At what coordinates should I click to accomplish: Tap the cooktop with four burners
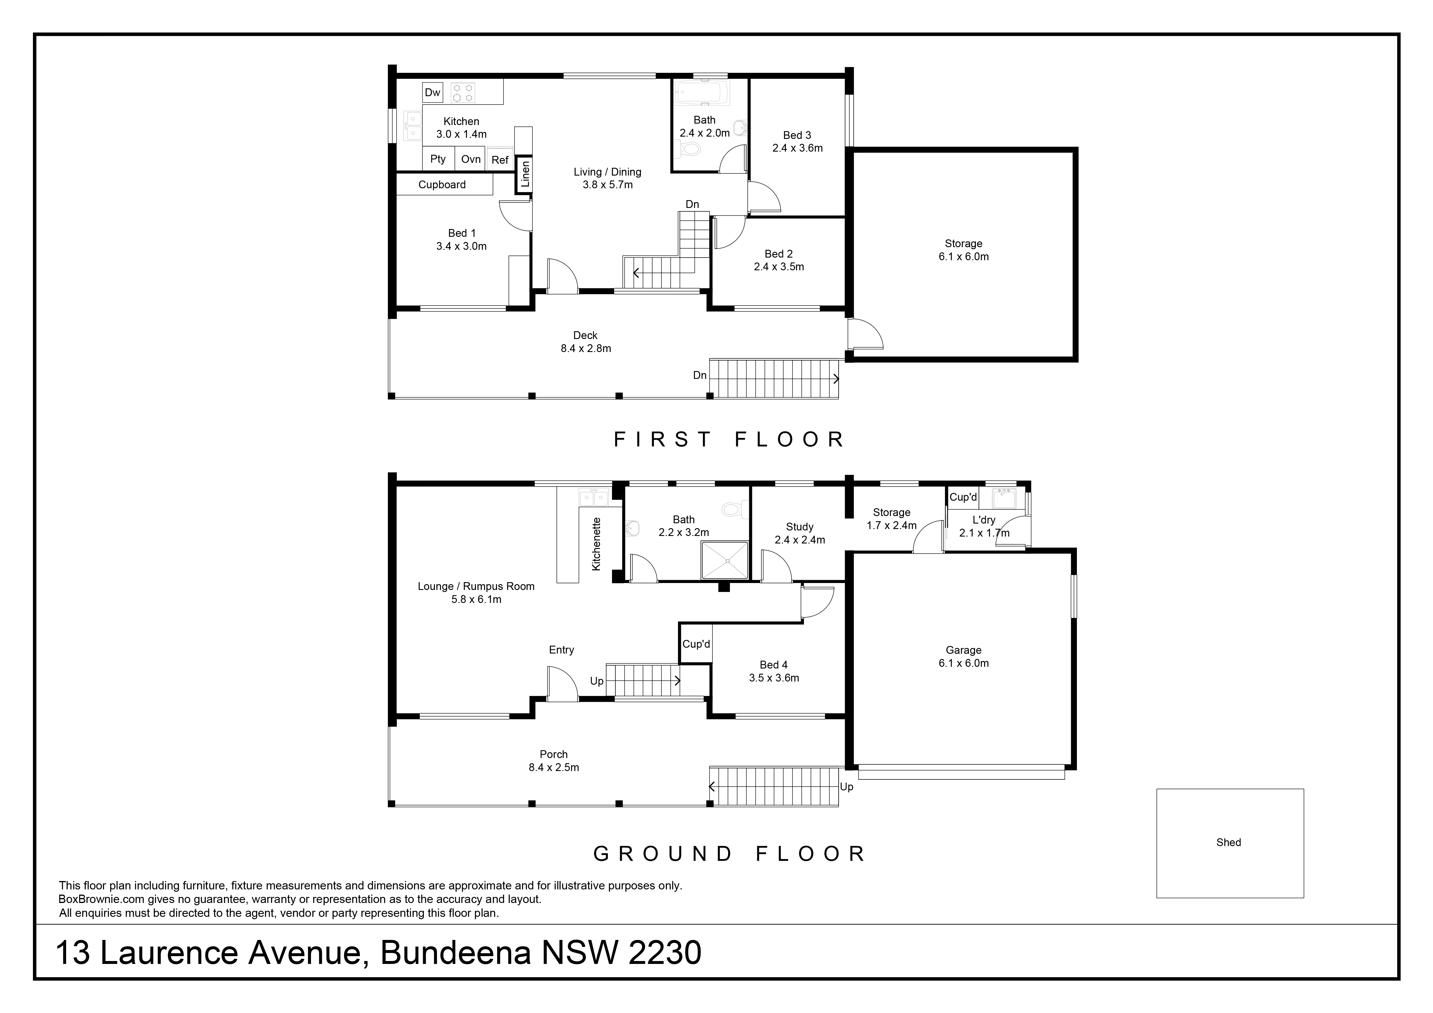464,93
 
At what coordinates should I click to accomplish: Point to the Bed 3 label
797,135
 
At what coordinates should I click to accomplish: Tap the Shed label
1228,843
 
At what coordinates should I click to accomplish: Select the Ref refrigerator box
500,160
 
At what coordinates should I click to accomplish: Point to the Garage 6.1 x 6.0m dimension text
964,664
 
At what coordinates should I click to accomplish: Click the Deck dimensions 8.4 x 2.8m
585,348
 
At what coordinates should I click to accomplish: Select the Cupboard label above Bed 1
442,185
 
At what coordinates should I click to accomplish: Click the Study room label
799,527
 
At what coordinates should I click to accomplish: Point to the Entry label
561,650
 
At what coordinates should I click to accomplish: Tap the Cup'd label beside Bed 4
696,644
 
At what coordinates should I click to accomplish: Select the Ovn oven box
471,159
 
